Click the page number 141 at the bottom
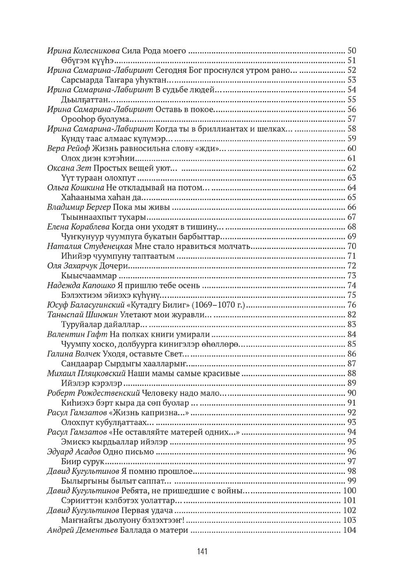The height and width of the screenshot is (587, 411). (202, 551)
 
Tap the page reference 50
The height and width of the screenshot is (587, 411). (351, 51)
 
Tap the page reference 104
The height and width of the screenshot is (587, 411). (349, 530)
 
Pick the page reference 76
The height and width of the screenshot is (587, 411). (351, 305)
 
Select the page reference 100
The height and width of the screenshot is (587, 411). (349, 491)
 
